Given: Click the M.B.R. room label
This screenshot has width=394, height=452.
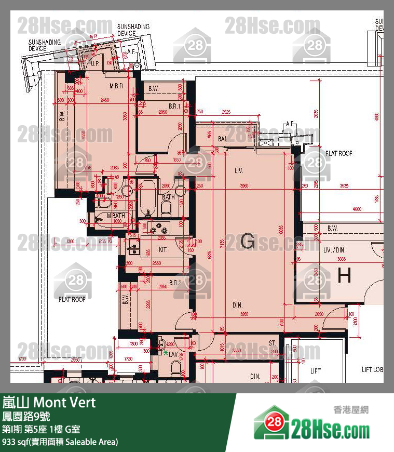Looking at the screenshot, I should (116, 86).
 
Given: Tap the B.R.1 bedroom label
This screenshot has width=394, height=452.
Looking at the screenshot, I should (173, 106).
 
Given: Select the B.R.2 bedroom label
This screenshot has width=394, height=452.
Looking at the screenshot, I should (175, 284).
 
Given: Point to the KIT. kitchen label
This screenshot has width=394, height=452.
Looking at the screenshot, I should (163, 249).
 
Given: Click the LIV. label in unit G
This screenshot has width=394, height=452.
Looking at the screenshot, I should (239, 170).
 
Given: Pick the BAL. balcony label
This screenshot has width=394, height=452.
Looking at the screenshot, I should (224, 139).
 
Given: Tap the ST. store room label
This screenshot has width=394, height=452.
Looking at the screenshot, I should (272, 343).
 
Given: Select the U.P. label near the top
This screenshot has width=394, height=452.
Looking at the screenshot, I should (95, 63).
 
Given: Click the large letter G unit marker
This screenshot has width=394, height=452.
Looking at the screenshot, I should (248, 242).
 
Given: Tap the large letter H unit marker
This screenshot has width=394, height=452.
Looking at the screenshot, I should (344, 276).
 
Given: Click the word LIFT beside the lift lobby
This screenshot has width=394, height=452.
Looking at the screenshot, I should (315, 371).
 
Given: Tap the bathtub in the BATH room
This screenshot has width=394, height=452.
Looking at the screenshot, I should (147, 200).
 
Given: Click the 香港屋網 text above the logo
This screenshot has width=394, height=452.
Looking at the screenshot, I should (350, 410).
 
